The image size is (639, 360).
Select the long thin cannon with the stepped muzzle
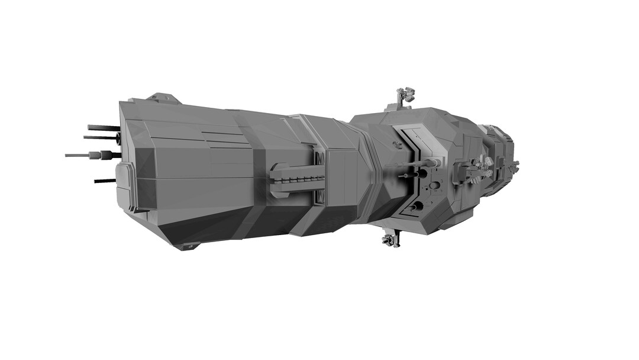[89, 156]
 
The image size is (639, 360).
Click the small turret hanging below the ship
[389, 240]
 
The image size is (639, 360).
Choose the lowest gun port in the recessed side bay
[417, 206]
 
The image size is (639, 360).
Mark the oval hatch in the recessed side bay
[435, 185]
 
